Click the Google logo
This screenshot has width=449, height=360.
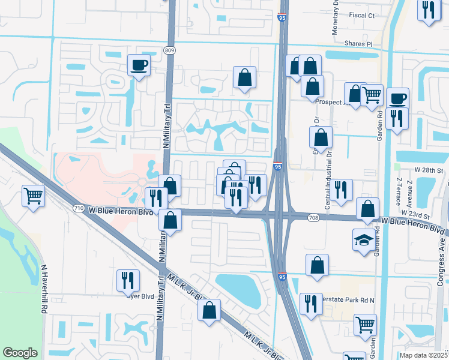(20, 353)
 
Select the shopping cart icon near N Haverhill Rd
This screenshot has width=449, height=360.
(33, 196)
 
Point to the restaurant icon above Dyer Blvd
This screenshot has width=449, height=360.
(128, 280)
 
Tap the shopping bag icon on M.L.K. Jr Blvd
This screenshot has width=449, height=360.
(209, 311)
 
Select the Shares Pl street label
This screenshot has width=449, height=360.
(358, 44)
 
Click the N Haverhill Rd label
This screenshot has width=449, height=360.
(44, 289)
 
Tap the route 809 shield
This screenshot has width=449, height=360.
(169, 51)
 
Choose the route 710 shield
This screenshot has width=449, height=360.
(79, 208)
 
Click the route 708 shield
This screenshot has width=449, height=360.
(313, 217)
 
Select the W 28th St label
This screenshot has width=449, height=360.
(429, 171)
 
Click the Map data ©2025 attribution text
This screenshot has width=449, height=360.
(423, 355)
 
